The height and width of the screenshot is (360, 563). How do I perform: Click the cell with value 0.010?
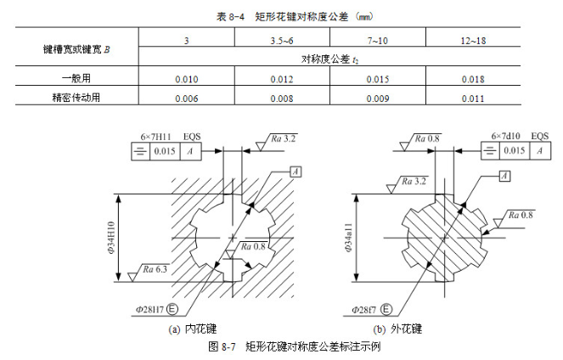[x=186, y=79]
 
